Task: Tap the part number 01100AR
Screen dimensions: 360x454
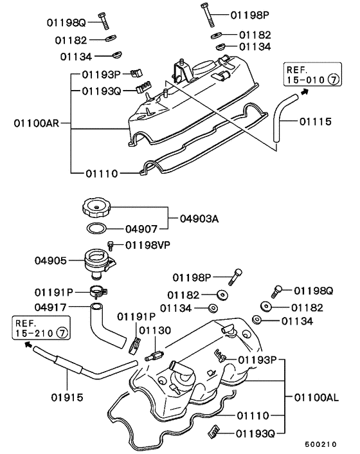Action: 37,123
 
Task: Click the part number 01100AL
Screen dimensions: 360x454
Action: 316,397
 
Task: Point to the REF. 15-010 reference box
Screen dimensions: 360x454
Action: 312,75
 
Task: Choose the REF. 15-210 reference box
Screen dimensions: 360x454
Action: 41,328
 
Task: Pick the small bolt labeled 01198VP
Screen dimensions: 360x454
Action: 111,246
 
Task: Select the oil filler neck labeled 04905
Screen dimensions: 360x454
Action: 98,263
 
